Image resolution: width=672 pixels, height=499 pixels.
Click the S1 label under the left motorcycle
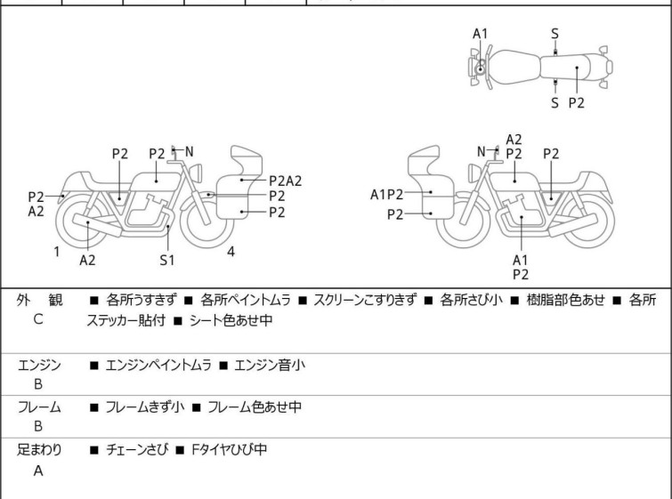click(x=167, y=260)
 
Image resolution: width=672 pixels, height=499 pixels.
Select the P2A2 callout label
click(x=286, y=181)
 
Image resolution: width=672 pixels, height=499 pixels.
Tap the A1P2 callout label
click(x=387, y=194)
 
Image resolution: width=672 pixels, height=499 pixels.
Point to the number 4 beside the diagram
click(x=231, y=252)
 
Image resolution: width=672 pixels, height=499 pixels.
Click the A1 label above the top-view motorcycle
click(x=481, y=34)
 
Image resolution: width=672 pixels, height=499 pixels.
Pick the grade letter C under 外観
click(x=37, y=318)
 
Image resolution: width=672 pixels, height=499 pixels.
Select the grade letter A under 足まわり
click(x=38, y=471)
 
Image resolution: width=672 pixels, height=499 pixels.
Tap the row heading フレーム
click(x=39, y=407)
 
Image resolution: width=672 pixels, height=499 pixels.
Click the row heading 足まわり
click(x=39, y=450)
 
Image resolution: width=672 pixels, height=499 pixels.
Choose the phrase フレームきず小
click(x=145, y=407)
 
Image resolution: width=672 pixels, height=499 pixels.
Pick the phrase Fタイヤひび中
click(x=229, y=450)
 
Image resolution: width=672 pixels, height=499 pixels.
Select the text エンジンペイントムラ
click(x=158, y=364)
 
